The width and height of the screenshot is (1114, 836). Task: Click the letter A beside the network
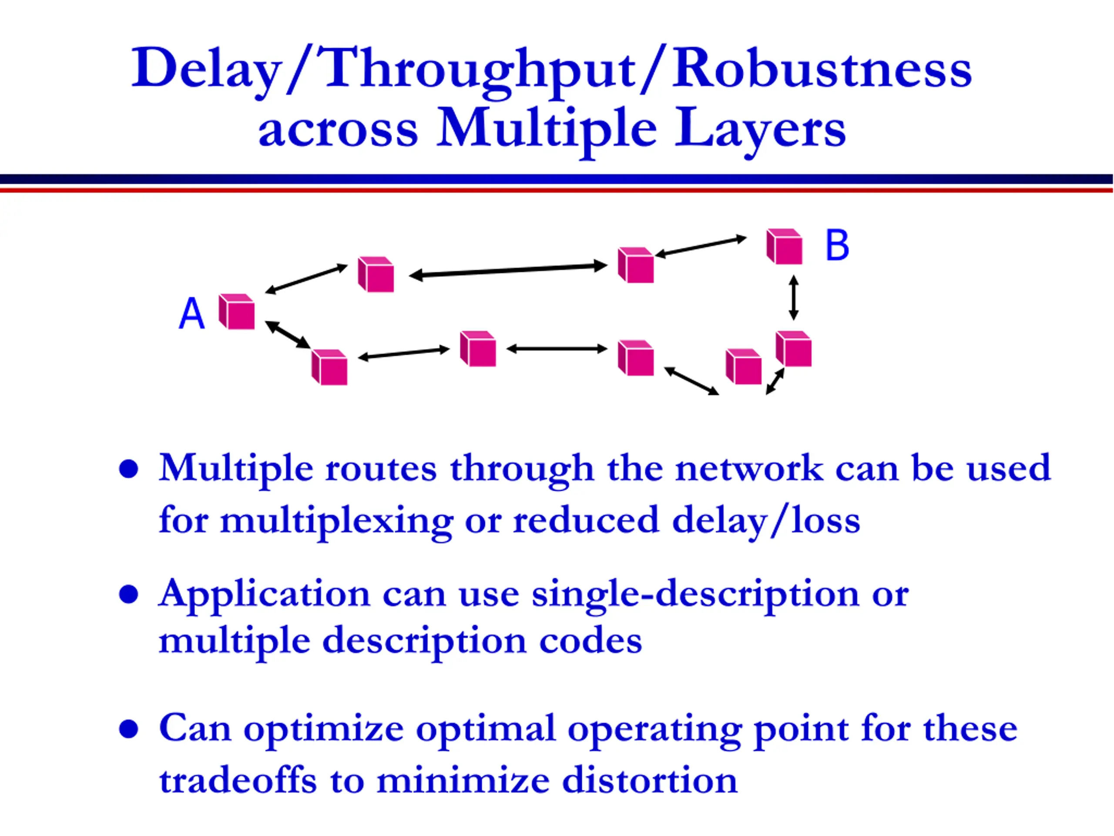pyautogui.click(x=192, y=313)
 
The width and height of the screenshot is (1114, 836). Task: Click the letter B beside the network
pyautogui.click(x=837, y=246)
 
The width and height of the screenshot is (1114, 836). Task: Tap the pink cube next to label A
pyautogui.click(x=237, y=312)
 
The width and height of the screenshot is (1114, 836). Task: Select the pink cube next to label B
pyautogui.click(x=784, y=246)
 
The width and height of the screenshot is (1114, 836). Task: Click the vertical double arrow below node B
pyautogui.click(x=794, y=297)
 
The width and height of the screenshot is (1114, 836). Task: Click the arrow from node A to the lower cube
pyautogui.click(x=288, y=334)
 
